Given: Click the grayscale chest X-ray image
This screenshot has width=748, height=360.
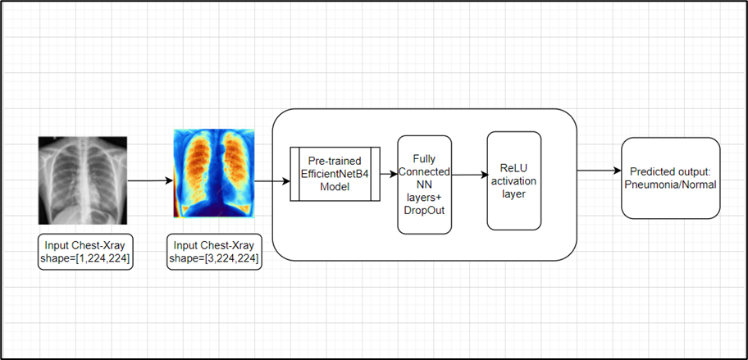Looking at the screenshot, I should (83, 180).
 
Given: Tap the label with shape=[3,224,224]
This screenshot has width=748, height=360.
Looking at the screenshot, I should (213, 251).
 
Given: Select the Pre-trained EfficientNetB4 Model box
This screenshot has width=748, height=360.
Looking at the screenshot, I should (334, 173).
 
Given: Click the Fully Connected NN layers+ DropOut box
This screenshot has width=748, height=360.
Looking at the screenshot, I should (424, 185).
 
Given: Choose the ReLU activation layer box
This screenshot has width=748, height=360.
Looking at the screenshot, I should (514, 180).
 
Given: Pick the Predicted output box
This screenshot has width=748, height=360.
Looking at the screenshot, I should (670, 177).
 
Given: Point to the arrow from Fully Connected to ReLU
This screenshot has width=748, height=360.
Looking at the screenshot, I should (469, 174).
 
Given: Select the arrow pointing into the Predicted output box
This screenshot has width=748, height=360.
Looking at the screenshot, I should (599, 171).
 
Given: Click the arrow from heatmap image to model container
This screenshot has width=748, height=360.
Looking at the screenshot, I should (263, 180).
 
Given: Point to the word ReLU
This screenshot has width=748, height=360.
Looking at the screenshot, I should (514, 168).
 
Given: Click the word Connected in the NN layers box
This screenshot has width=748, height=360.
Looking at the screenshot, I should (424, 171).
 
